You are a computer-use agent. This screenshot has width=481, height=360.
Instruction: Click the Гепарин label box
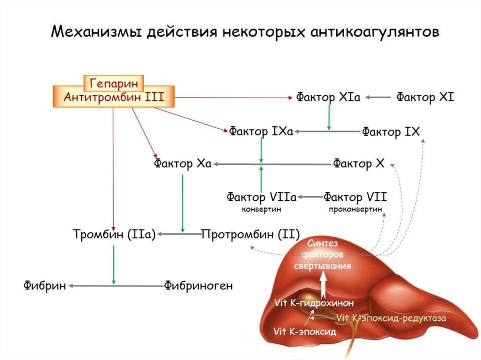(114, 83)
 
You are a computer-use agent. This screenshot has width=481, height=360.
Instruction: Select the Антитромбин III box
(114, 97)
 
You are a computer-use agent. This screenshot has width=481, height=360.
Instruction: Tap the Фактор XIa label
(328, 98)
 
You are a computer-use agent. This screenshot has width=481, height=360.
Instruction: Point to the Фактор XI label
(425, 98)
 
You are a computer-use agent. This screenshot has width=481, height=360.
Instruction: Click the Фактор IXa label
(261, 131)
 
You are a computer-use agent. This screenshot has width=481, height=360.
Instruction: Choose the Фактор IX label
(390, 132)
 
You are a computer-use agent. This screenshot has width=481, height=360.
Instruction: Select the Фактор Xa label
(183, 164)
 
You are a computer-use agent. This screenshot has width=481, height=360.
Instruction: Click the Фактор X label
(358, 163)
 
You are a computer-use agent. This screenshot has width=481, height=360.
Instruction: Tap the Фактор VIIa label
(262, 197)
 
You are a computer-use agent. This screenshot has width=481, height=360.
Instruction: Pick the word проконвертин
(356, 210)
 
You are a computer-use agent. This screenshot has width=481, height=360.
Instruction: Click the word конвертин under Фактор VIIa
(262, 210)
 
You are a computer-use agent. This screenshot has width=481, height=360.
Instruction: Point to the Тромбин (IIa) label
(115, 234)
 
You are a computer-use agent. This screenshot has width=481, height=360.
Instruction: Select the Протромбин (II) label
(251, 235)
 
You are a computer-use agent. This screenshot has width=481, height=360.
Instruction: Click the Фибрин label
(45, 286)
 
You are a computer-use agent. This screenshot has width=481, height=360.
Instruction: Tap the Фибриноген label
(198, 286)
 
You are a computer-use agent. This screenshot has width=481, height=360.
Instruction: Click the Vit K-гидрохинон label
(314, 303)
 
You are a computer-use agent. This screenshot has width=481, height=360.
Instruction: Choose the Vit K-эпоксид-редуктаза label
(391, 318)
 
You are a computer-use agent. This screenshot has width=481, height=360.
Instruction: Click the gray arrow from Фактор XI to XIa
(378, 98)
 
